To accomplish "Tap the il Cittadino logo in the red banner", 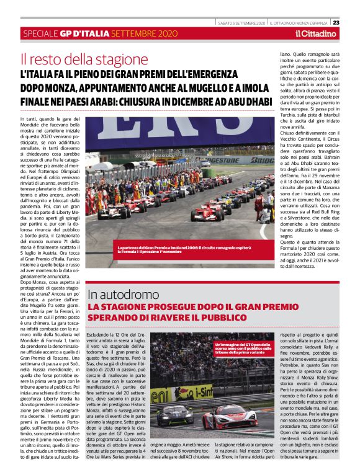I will tap(315, 33).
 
